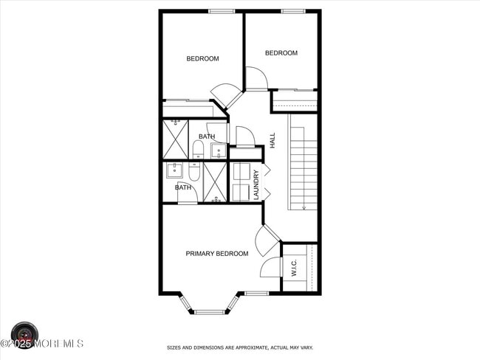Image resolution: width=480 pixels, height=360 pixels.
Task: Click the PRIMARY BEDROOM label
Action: click(x=216, y=254)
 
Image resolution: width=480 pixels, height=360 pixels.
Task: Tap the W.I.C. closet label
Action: click(x=293, y=268)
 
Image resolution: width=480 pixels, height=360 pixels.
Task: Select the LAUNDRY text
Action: click(x=256, y=184)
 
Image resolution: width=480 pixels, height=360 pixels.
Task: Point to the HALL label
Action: click(x=272, y=140)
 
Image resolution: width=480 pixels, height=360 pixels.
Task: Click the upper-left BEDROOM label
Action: click(x=202, y=59)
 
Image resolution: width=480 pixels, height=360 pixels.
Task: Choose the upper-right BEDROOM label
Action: click(x=281, y=53)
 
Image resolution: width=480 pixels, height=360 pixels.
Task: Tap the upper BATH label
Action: click(x=207, y=136)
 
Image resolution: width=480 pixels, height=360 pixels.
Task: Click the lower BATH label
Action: click(x=183, y=187)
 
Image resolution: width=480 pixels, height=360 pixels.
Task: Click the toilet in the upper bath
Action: click(x=198, y=150)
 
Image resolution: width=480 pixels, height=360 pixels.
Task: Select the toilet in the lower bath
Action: click(x=194, y=172)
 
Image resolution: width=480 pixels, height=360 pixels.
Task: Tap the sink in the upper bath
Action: click(x=218, y=151)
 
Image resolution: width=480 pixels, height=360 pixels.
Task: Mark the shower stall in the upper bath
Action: click(x=176, y=139)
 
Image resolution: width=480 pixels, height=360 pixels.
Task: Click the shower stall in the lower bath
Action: click(x=215, y=182)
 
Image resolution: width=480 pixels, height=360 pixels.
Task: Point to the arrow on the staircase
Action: click(x=304, y=207)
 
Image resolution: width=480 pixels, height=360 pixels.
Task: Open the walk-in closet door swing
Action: click(x=270, y=266)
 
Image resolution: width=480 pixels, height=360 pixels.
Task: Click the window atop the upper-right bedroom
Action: click(x=293, y=11)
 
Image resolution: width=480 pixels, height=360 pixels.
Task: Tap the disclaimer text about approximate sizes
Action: click(x=240, y=347)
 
